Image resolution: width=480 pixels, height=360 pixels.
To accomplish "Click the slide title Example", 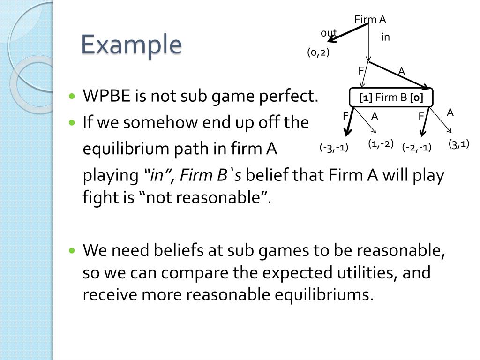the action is (x=131, y=45).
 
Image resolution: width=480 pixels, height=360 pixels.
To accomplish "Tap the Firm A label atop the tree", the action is (x=370, y=19).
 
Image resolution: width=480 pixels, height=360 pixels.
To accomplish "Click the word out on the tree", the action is (x=329, y=33).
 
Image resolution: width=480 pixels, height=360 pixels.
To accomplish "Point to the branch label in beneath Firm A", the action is (x=385, y=37).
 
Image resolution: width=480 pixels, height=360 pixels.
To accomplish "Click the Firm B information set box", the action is (x=391, y=98).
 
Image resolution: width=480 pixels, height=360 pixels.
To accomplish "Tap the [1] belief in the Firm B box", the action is (x=366, y=98).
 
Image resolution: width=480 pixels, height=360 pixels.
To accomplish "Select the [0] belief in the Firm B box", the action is (x=416, y=98).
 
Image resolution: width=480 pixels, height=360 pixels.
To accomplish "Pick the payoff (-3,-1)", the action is (x=334, y=148).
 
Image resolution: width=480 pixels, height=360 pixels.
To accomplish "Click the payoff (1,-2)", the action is (x=381, y=143).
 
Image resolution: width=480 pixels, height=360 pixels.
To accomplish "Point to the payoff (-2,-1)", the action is (x=417, y=148).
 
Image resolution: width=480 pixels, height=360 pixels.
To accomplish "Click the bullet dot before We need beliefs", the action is (x=72, y=251).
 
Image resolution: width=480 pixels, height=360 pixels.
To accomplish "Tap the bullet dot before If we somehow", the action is (x=72, y=123).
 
